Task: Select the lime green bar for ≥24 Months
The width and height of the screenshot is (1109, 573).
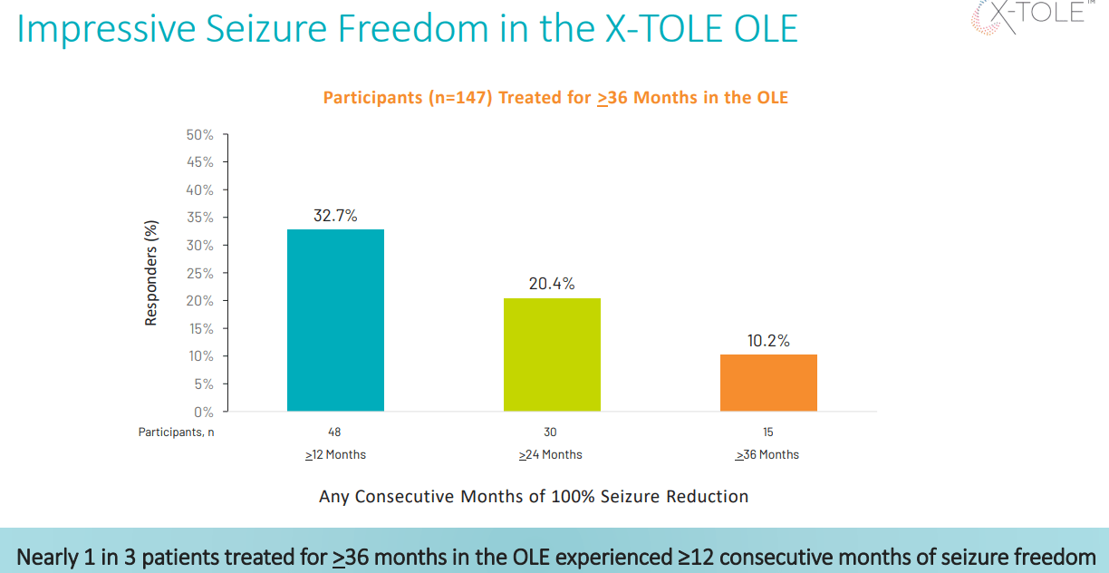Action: (552, 354)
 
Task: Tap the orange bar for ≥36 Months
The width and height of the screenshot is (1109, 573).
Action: (768, 383)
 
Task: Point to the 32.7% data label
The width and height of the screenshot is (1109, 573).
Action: (335, 216)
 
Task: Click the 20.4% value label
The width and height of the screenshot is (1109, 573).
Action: (552, 284)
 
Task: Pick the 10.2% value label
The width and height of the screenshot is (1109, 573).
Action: (768, 341)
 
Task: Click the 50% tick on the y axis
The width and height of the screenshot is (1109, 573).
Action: (199, 134)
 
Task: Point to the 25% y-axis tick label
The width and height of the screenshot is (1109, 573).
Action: (199, 273)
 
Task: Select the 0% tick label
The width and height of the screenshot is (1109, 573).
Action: (203, 412)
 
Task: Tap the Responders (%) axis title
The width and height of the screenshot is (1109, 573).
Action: (151, 273)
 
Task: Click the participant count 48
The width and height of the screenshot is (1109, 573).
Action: (335, 432)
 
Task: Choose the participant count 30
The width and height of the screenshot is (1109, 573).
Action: (551, 432)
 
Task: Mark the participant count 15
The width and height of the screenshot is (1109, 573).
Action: (768, 432)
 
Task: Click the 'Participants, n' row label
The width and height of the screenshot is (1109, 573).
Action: (176, 432)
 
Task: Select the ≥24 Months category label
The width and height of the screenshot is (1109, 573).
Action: (551, 454)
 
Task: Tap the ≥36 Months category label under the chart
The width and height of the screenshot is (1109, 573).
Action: (767, 454)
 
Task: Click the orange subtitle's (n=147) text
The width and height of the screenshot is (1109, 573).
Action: (460, 97)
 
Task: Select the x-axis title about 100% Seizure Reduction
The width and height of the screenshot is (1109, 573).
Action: (534, 497)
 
